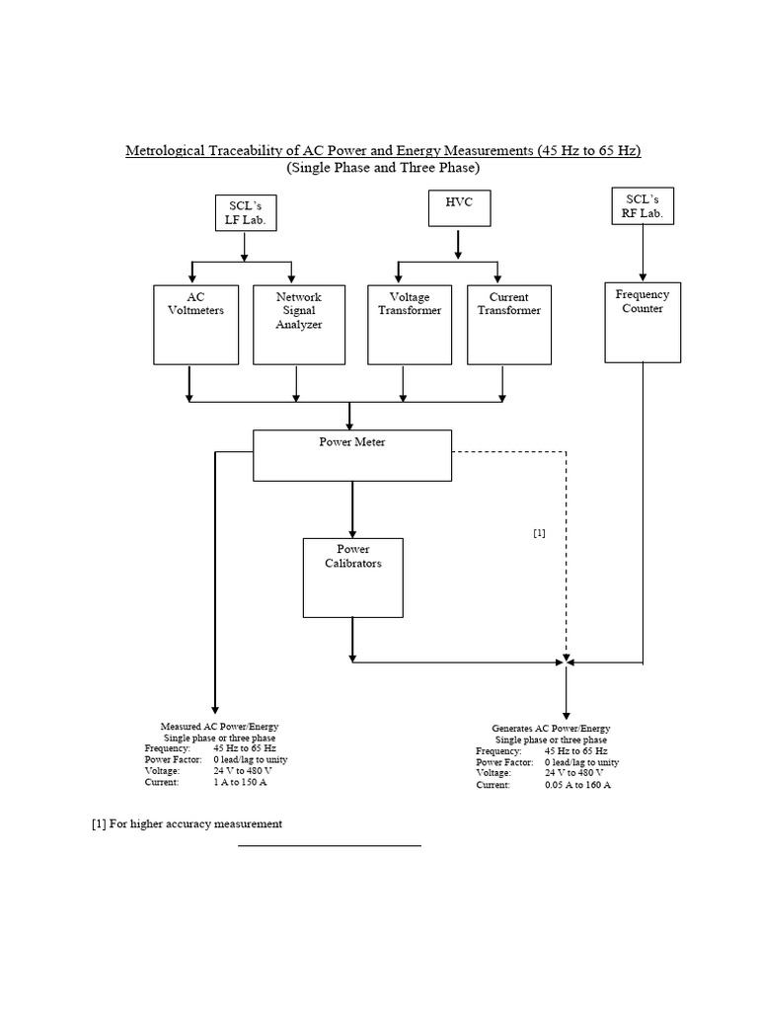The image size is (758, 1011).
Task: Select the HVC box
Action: (458, 208)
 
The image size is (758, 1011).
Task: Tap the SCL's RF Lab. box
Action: (643, 207)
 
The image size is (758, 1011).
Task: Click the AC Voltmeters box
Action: (196, 325)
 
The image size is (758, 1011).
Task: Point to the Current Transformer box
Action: (503, 325)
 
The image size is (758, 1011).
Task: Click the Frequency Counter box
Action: (643, 322)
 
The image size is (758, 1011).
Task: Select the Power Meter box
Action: (352, 454)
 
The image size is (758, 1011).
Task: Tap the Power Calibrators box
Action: (352, 577)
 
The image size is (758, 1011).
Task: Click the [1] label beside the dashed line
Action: (539, 533)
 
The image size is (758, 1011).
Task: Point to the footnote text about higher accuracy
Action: (188, 823)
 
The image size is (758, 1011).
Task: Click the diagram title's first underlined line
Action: (383, 151)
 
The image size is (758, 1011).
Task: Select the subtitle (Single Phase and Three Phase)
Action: (383, 168)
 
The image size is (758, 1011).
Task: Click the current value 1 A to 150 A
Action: (240, 782)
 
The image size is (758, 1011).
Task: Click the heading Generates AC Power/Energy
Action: (551, 729)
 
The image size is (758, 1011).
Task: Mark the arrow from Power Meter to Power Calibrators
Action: (352, 508)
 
